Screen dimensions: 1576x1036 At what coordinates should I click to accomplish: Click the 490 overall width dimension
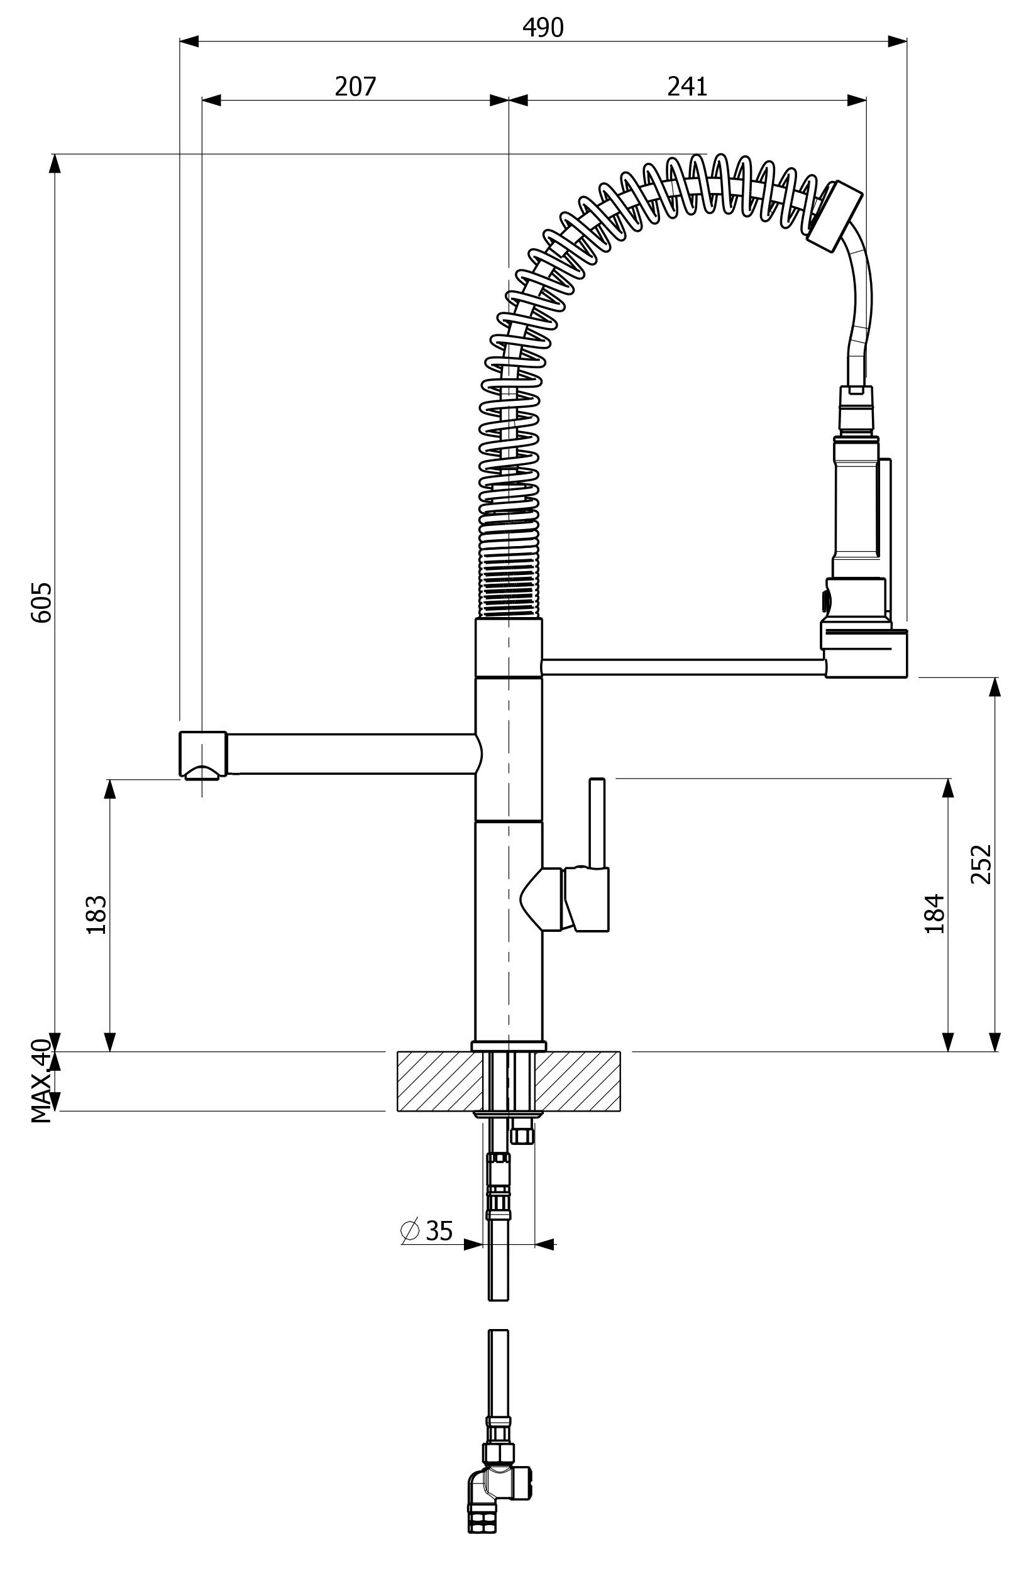click(543, 27)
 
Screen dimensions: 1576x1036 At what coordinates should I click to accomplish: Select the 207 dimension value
click(355, 86)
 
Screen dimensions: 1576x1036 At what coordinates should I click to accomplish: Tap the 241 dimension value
click(687, 86)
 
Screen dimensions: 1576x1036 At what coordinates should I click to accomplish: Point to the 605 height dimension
click(41, 602)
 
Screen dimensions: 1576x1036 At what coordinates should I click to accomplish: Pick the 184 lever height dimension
click(934, 913)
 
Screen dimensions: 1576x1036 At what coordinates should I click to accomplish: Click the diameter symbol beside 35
click(410, 1230)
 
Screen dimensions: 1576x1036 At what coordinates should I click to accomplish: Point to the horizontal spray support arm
click(682, 667)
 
